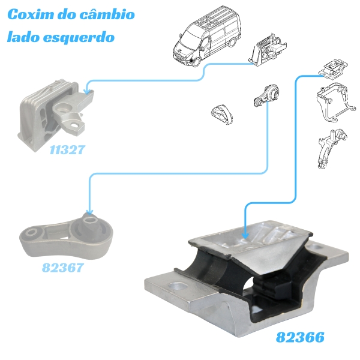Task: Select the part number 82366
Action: click(x=300, y=337)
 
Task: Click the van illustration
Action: click(x=207, y=39)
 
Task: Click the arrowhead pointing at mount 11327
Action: click(x=89, y=91)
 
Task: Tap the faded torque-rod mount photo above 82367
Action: click(x=66, y=235)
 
